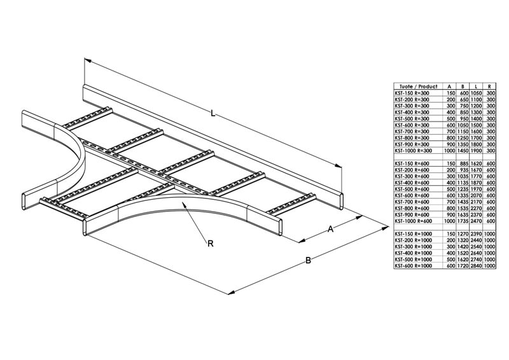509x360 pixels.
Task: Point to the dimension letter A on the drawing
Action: click(x=331, y=230)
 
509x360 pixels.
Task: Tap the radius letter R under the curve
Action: click(x=211, y=242)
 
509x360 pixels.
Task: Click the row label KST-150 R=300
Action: click(x=412, y=93)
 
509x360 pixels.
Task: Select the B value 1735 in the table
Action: click(x=463, y=221)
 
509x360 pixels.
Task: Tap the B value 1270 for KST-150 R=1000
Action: click(x=463, y=234)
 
